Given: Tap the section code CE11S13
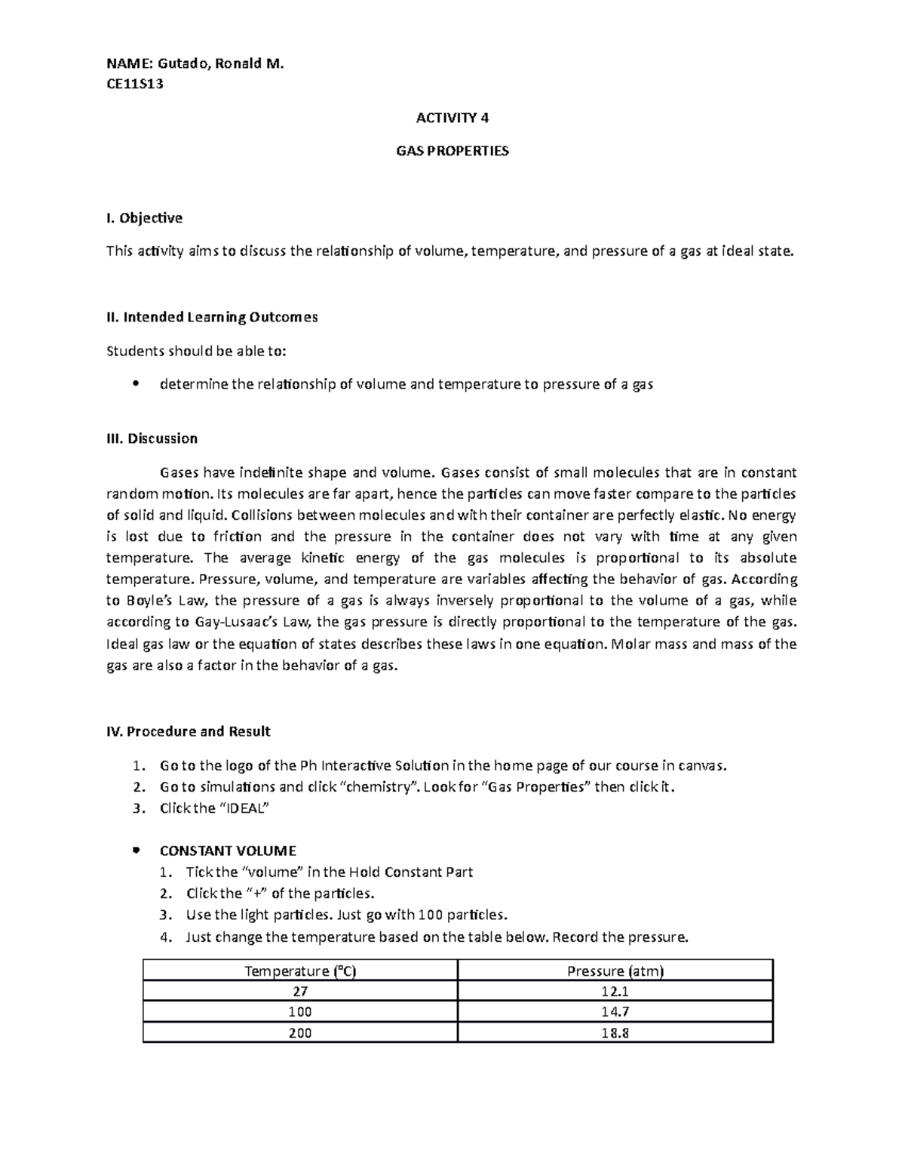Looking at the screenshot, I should click(134, 84).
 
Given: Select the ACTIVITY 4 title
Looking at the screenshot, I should click(452, 117).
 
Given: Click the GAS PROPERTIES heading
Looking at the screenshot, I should click(452, 151).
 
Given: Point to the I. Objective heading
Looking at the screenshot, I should click(144, 218).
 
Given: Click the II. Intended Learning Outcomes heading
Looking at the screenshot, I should click(212, 317).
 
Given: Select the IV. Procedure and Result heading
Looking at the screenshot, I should click(188, 731).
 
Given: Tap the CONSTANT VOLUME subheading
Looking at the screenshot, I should click(228, 851).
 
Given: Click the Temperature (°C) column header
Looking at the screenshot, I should click(300, 971).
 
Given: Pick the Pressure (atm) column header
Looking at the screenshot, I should click(615, 971).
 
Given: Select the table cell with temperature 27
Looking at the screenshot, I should click(300, 991).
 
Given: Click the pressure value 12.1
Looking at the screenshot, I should click(615, 991).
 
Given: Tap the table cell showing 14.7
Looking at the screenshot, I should click(615, 1012).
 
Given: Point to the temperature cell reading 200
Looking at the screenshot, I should click(300, 1032).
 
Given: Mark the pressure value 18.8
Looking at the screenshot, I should click(615, 1032).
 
